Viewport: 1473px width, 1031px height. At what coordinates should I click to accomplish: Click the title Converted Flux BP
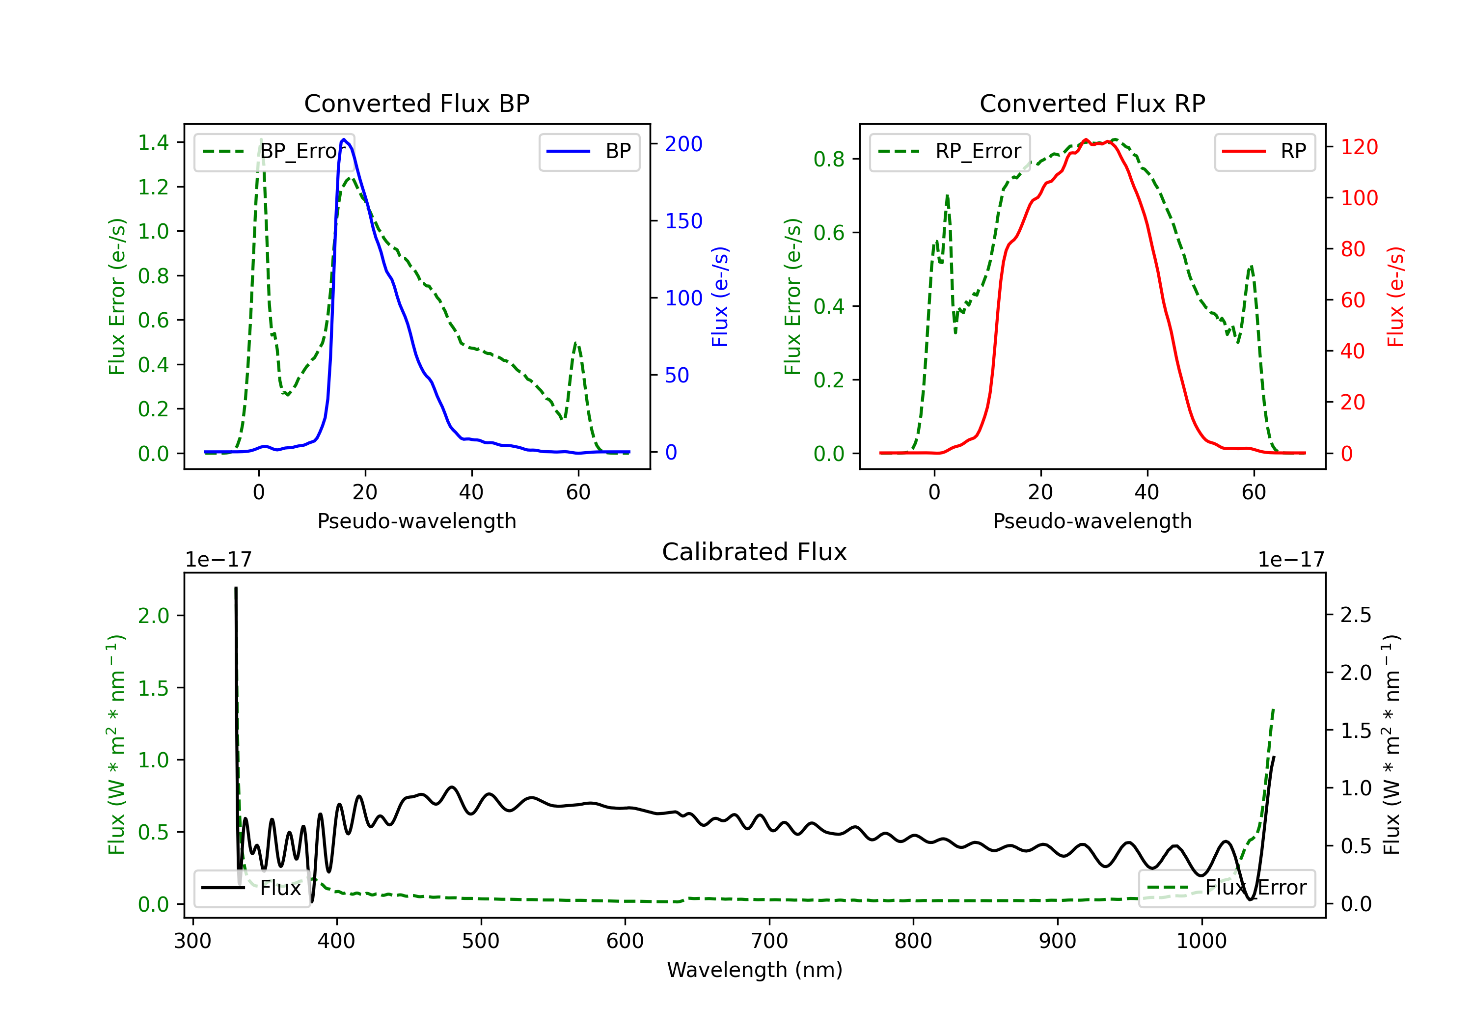point(416,103)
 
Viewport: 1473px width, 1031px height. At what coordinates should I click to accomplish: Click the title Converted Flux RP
point(1092,103)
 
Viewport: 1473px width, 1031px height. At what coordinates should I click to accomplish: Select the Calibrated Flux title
point(755,552)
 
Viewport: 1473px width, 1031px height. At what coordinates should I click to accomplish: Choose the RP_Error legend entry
point(950,151)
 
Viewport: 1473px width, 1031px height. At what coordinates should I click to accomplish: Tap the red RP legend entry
point(1264,151)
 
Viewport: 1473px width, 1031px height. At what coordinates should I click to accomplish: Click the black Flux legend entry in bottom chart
point(251,888)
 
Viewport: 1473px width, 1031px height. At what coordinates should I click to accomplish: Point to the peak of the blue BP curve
point(344,139)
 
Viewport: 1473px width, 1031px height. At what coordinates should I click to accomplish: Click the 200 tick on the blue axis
point(683,144)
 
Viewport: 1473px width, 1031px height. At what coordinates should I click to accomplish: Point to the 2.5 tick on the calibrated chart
point(1356,615)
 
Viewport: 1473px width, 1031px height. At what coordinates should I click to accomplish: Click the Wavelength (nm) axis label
point(755,970)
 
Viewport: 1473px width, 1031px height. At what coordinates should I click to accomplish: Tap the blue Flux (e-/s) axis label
point(720,297)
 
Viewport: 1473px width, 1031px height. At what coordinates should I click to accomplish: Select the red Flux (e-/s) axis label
point(1396,297)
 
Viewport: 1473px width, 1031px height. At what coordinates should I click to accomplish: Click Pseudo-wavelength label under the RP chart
point(1092,521)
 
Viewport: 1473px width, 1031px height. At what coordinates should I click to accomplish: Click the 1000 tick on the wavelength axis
point(1201,941)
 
